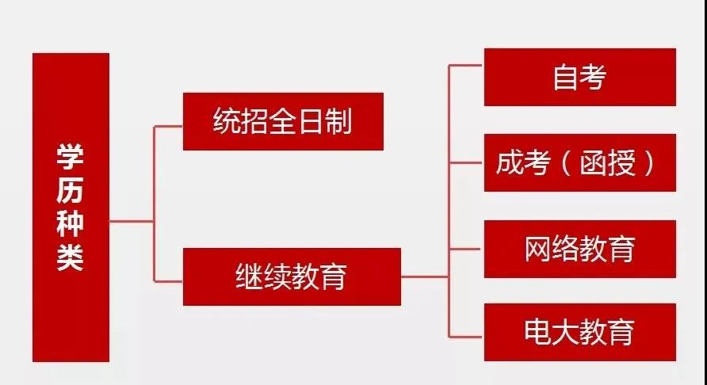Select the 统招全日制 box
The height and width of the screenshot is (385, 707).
pyautogui.click(x=283, y=121)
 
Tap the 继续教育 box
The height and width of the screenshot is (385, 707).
pyautogui.click(x=291, y=276)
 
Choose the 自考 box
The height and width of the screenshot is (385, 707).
pyautogui.click(x=579, y=77)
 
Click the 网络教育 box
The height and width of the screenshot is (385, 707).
pyautogui.click(x=579, y=249)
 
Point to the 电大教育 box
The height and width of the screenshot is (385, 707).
pyautogui.click(x=579, y=332)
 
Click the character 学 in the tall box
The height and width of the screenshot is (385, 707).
pyautogui.click(x=71, y=155)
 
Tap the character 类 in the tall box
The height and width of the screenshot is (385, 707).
pyautogui.click(x=71, y=258)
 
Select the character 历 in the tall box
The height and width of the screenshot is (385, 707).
pyautogui.click(x=71, y=189)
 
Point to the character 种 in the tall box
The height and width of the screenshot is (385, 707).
pyautogui.click(x=71, y=224)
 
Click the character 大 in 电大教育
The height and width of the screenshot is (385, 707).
pyautogui.click(x=566, y=332)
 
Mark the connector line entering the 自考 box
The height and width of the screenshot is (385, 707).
pyautogui.click(x=468, y=66)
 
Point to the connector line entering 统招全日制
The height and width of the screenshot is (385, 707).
pyautogui.click(x=168, y=126)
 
